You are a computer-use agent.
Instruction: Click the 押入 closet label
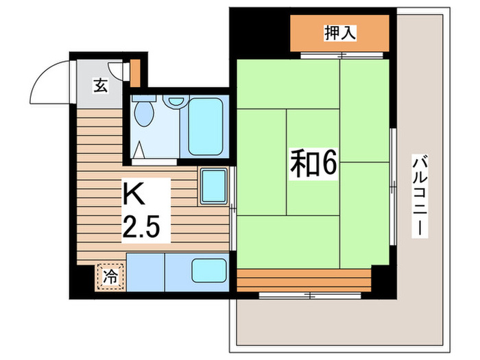coord(339,32)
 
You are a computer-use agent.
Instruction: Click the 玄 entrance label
coord(101,86)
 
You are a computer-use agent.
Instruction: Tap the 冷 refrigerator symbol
coord(110,277)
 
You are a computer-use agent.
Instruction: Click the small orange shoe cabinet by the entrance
coord(135,71)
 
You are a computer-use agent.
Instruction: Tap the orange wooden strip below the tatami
coord(304,279)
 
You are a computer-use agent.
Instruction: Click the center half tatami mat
coord(313,161)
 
